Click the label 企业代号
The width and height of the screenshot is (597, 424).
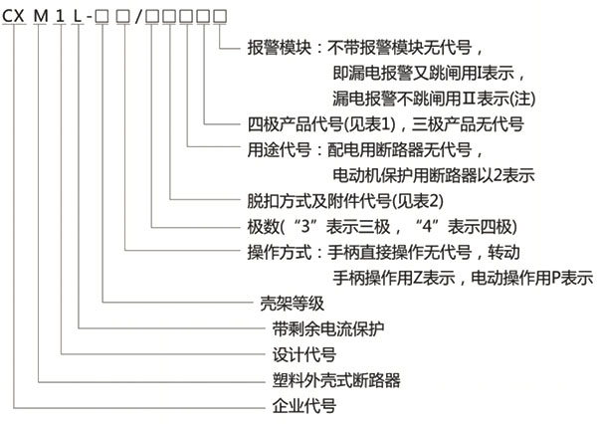click(303, 406)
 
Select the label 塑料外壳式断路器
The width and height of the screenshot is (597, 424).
click(329, 380)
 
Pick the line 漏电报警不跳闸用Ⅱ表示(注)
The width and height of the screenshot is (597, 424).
click(433, 98)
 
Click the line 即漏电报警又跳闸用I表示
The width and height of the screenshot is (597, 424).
click(429, 73)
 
